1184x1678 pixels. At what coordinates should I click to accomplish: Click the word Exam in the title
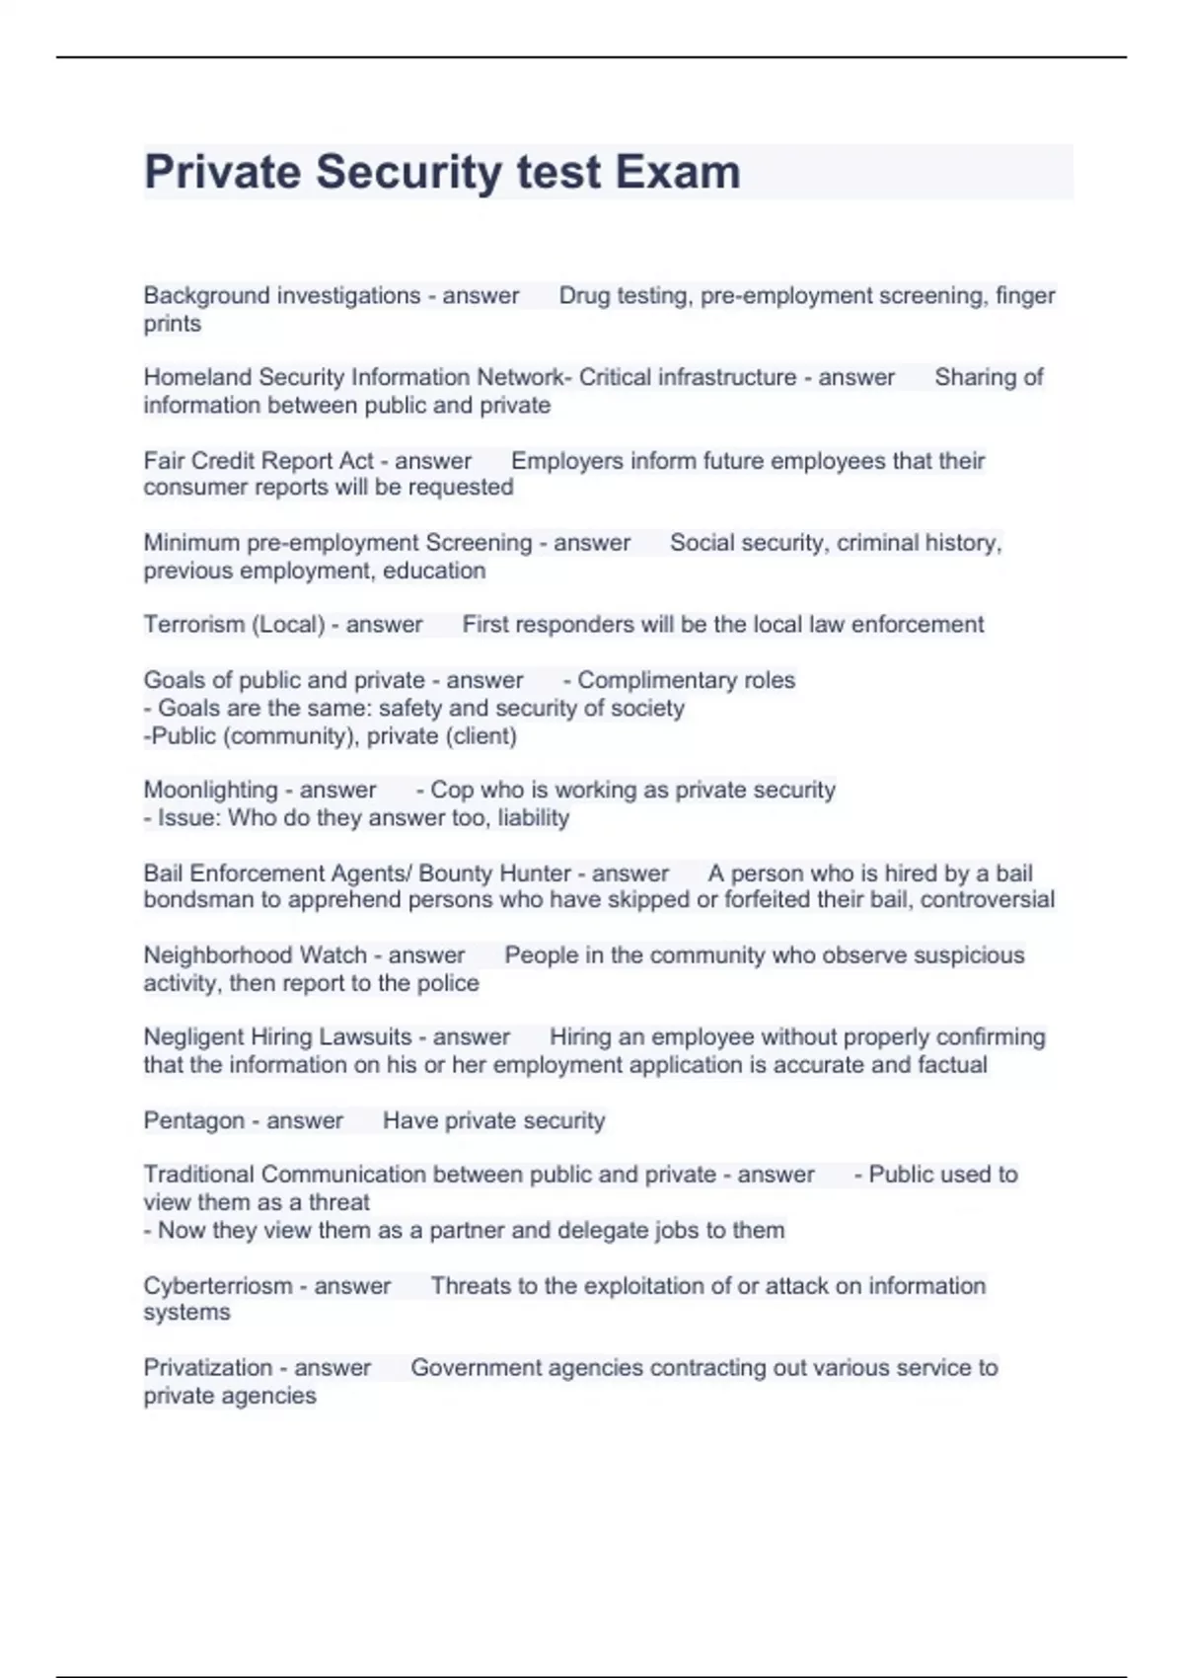tap(678, 172)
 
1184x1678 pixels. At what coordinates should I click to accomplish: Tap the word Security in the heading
tap(408, 172)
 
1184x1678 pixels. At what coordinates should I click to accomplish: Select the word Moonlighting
tap(211, 790)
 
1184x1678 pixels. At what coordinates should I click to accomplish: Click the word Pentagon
tap(193, 1120)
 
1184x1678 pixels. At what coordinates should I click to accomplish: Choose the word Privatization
tap(207, 1367)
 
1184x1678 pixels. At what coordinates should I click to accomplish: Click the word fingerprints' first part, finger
tap(1025, 295)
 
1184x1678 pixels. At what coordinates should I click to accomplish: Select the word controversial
tap(987, 899)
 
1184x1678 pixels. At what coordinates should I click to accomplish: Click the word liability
tap(533, 817)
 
